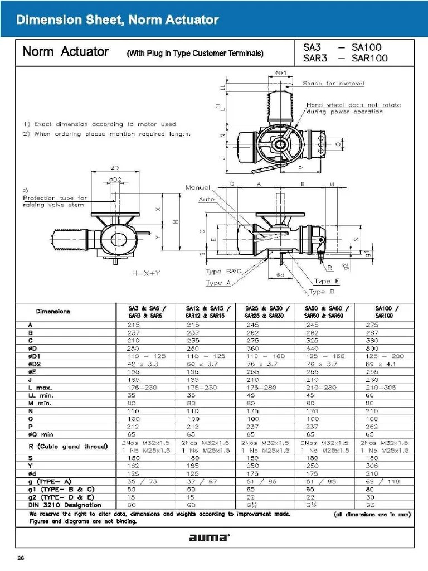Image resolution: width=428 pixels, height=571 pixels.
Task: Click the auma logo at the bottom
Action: click(209, 538)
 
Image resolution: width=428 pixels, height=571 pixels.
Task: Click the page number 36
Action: click(21, 558)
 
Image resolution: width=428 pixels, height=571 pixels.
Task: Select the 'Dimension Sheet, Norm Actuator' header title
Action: click(117, 21)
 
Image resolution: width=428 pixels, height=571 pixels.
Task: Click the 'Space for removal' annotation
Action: click(333, 84)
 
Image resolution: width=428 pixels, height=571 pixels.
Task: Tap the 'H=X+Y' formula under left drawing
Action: click(146, 274)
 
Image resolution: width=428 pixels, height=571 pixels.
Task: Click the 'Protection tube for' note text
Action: click(55, 197)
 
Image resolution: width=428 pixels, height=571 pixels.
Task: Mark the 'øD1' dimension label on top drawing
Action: click(281, 73)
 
